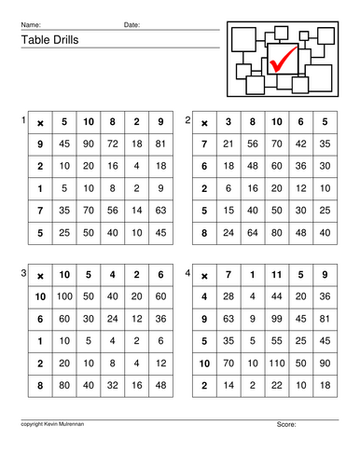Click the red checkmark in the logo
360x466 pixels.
tap(284, 60)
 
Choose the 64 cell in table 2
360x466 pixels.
tap(253, 233)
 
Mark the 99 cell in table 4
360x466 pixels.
tap(276, 319)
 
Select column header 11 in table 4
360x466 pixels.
tap(276, 275)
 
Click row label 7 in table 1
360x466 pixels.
tap(40, 211)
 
